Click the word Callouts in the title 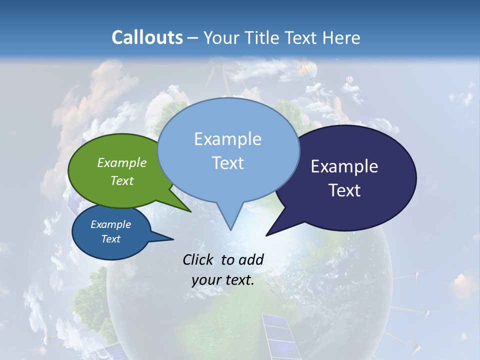[x=147, y=37]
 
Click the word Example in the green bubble [x=122, y=162]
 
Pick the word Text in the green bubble [x=122, y=180]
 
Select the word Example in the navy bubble [x=344, y=166]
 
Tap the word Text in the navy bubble [x=345, y=190]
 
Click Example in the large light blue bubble [x=227, y=139]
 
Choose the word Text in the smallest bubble [x=111, y=239]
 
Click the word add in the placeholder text [x=251, y=260]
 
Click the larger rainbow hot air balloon [x=308, y=69]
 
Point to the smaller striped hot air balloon [x=349, y=80]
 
